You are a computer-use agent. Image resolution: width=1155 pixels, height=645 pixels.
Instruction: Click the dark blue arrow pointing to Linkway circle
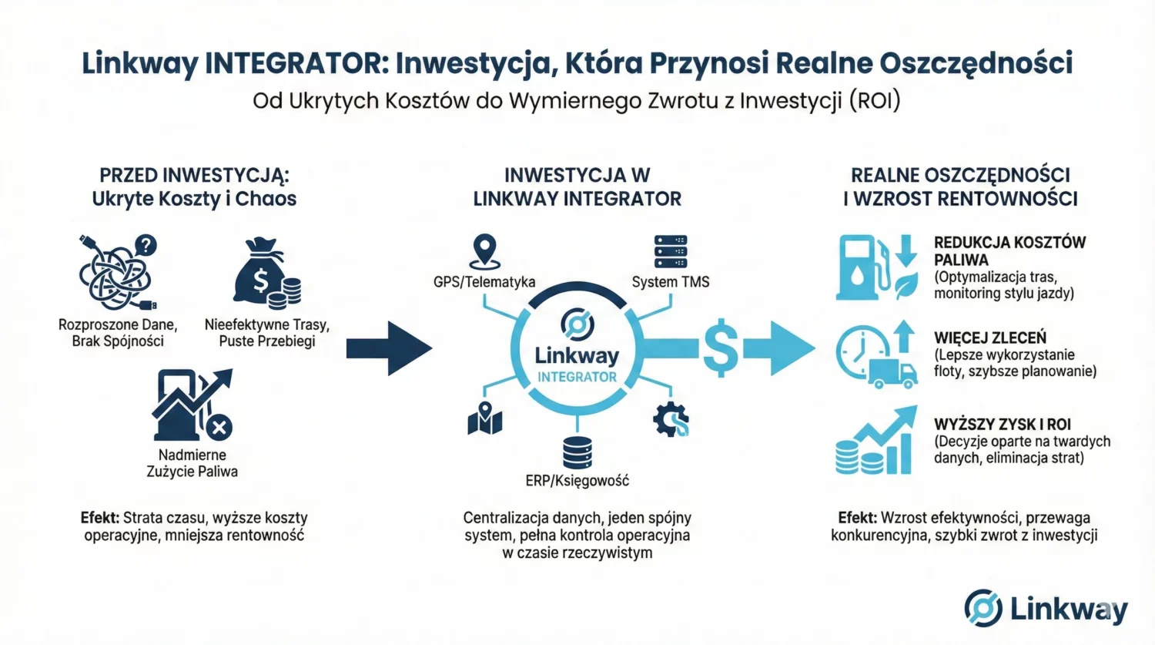(x=388, y=348)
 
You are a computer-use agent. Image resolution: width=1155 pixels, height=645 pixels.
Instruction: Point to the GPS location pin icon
(x=484, y=251)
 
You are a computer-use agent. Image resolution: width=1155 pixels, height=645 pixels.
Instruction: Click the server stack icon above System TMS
(x=670, y=251)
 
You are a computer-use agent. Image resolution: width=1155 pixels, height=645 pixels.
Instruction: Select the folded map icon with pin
(x=484, y=418)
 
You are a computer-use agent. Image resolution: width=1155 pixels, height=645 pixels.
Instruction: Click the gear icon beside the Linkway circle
(x=671, y=419)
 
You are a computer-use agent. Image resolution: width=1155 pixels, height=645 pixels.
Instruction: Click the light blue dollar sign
(x=721, y=348)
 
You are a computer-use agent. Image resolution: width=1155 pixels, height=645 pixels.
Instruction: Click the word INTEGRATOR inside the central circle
(x=577, y=377)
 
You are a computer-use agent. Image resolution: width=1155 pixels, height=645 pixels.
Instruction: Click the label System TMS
(x=670, y=282)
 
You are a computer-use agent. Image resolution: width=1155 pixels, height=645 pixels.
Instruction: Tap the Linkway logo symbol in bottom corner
(x=983, y=608)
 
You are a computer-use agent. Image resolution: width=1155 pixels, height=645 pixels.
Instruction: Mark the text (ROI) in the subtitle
(x=875, y=101)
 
